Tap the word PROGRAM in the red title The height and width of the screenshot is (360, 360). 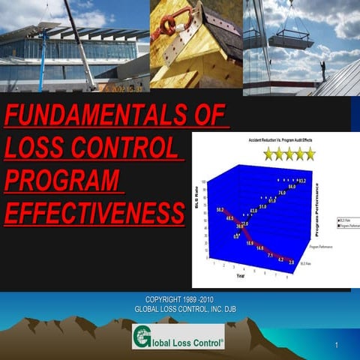(x=63, y=181)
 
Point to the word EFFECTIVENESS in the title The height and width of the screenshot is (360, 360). (x=94, y=213)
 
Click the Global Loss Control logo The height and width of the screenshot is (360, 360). (x=178, y=337)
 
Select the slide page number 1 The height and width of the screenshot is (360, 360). (x=338, y=345)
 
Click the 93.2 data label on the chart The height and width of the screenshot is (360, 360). (x=301, y=181)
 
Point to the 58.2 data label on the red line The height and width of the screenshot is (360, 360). (x=220, y=210)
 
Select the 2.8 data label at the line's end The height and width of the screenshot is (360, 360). (x=289, y=262)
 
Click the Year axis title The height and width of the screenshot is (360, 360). (x=240, y=276)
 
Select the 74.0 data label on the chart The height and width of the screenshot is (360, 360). (x=281, y=193)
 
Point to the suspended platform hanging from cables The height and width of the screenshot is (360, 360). (x=290, y=39)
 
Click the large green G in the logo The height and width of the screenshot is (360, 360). (x=142, y=337)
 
